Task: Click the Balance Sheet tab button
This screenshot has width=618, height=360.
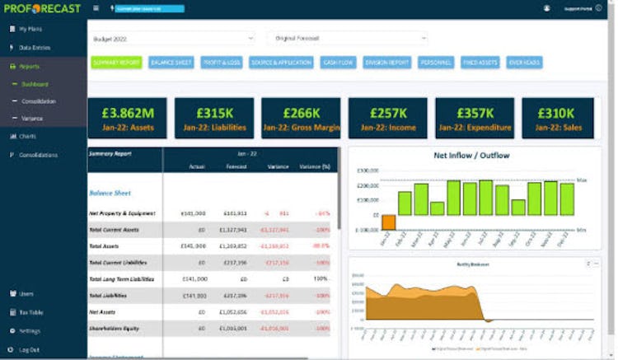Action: click(x=171, y=63)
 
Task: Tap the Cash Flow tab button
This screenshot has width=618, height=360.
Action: click(x=338, y=63)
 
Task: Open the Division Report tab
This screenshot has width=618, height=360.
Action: click(x=387, y=63)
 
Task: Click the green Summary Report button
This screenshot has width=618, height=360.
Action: click(x=117, y=63)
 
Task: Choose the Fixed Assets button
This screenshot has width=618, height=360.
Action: click(x=480, y=63)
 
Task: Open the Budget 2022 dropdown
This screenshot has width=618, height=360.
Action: click(x=172, y=38)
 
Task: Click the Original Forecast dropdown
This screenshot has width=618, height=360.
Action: click(x=346, y=38)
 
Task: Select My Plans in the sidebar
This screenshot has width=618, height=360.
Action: click(x=30, y=30)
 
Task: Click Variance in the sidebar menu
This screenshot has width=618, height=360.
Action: click(x=34, y=119)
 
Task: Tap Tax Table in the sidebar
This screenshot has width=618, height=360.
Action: click(x=31, y=312)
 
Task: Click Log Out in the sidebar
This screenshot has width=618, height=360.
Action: click(x=29, y=349)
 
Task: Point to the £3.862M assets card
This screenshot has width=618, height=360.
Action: click(x=127, y=118)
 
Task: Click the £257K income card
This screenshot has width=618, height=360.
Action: click(x=387, y=118)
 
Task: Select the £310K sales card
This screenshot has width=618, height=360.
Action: click(x=558, y=118)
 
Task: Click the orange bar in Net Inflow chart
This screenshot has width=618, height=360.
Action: click(x=388, y=222)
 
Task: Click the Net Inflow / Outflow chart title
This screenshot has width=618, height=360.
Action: click(x=471, y=155)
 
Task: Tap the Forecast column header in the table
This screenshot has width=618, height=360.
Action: click(x=236, y=167)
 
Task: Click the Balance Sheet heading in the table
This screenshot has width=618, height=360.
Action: click(x=110, y=193)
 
